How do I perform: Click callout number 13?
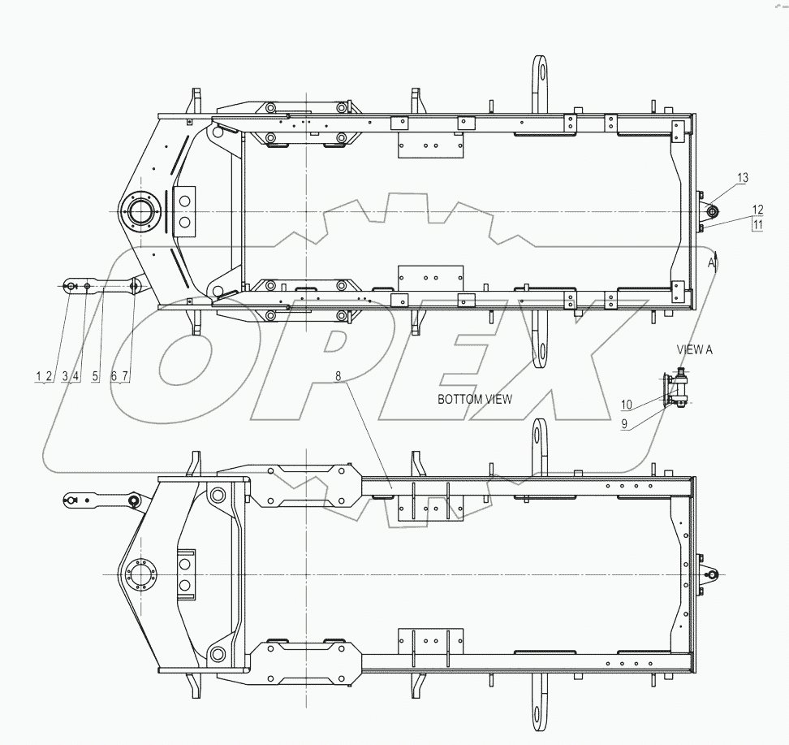(x=744, y=177)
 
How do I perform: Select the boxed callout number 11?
(x=757, y=225)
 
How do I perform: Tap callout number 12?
(x=757, y=209)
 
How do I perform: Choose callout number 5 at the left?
(x=96, y=376)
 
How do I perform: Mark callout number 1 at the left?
(x=37, y=376)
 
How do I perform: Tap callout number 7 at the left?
(x=126, y=376)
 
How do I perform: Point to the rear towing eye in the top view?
(x=710, y=212)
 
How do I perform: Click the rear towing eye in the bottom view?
(x=711, y=575)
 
